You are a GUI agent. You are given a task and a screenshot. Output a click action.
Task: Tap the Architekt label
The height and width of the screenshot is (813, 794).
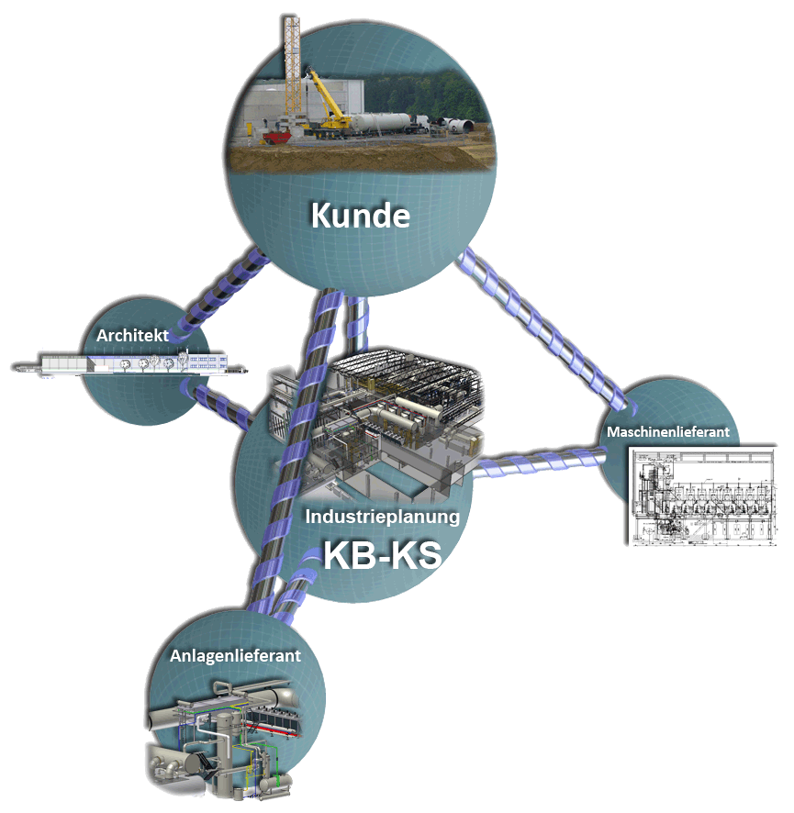coord(132,336)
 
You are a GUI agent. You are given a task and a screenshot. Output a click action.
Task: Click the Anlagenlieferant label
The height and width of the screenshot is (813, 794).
coord(235,656)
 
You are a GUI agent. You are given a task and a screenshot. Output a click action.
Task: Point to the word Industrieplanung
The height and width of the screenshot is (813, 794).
coord(382,517)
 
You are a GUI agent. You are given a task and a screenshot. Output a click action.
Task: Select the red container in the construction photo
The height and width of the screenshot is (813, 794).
coord(274,138)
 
